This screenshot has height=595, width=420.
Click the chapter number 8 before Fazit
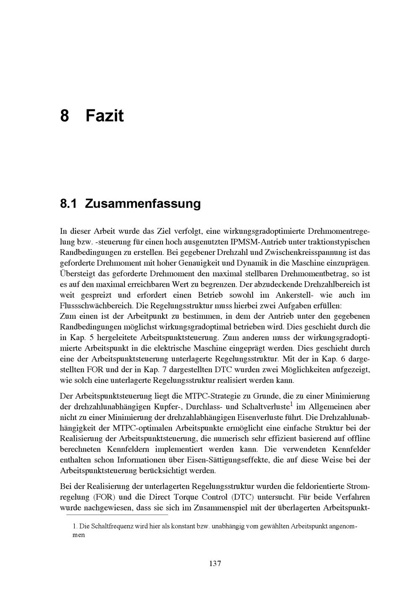pos(64,115)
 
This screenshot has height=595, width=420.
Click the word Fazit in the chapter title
pos(105,115)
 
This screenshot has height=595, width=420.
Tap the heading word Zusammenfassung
pos(143,204)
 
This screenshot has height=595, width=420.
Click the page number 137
pos(215,563)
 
